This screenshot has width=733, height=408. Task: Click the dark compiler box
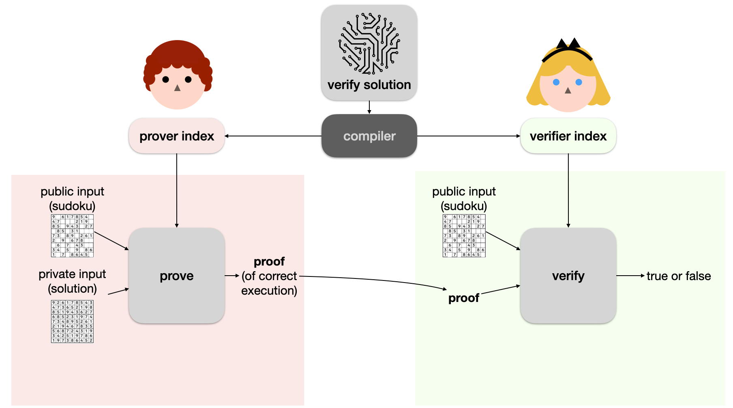coord(369,136)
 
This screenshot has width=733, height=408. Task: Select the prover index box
coord(177,136)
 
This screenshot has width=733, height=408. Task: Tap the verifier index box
coord(568,136)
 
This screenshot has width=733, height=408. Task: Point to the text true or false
coord(678,276)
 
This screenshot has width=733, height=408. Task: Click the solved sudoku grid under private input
coord(72,321)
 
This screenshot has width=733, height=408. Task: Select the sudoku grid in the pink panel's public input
coord(72,236)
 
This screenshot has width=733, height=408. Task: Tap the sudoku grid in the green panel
coord(464,236)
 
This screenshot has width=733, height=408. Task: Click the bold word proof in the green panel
coord(464,298)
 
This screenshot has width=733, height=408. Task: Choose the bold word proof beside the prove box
coord(269,262)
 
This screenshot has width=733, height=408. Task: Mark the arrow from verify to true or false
coord(630,276)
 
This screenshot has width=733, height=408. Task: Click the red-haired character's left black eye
coord(165,79)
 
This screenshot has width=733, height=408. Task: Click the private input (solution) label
coord(72,281)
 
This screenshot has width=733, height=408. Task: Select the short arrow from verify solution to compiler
coord(369,107)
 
